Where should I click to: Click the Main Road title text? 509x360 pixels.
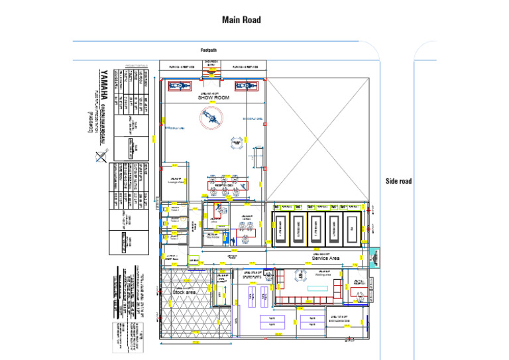tap(241, 20)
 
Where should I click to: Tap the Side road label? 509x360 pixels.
tap(398, 181)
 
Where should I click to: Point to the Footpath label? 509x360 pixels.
tap(209, 50)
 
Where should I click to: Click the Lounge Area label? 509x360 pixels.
tap(176, 183)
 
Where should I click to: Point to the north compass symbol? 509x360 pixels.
tap(99, 157)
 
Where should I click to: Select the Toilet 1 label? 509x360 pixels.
tap(176, 210)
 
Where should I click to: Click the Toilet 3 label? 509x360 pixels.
tap(176, 237)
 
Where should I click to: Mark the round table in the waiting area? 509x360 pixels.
tap(310, 280)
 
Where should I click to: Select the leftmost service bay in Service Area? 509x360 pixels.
tap(281, 229)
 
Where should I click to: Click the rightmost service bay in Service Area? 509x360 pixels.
tap(351, 229)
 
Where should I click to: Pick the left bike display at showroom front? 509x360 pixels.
tap(180, 86)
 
